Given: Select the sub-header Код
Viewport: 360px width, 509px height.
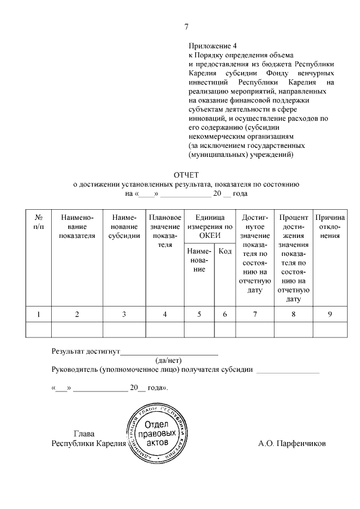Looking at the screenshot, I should (x=225, y=251).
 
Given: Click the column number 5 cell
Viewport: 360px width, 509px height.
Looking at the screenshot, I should (x=199, y=314).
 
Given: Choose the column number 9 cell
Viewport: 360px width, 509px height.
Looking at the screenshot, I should (x=330, y=314).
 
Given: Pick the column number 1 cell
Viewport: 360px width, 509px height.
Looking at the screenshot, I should (x=38, y=314).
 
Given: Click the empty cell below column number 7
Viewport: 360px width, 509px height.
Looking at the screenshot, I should (x=255, y=329).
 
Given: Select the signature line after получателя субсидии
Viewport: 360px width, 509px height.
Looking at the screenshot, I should (x=287, y=372).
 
